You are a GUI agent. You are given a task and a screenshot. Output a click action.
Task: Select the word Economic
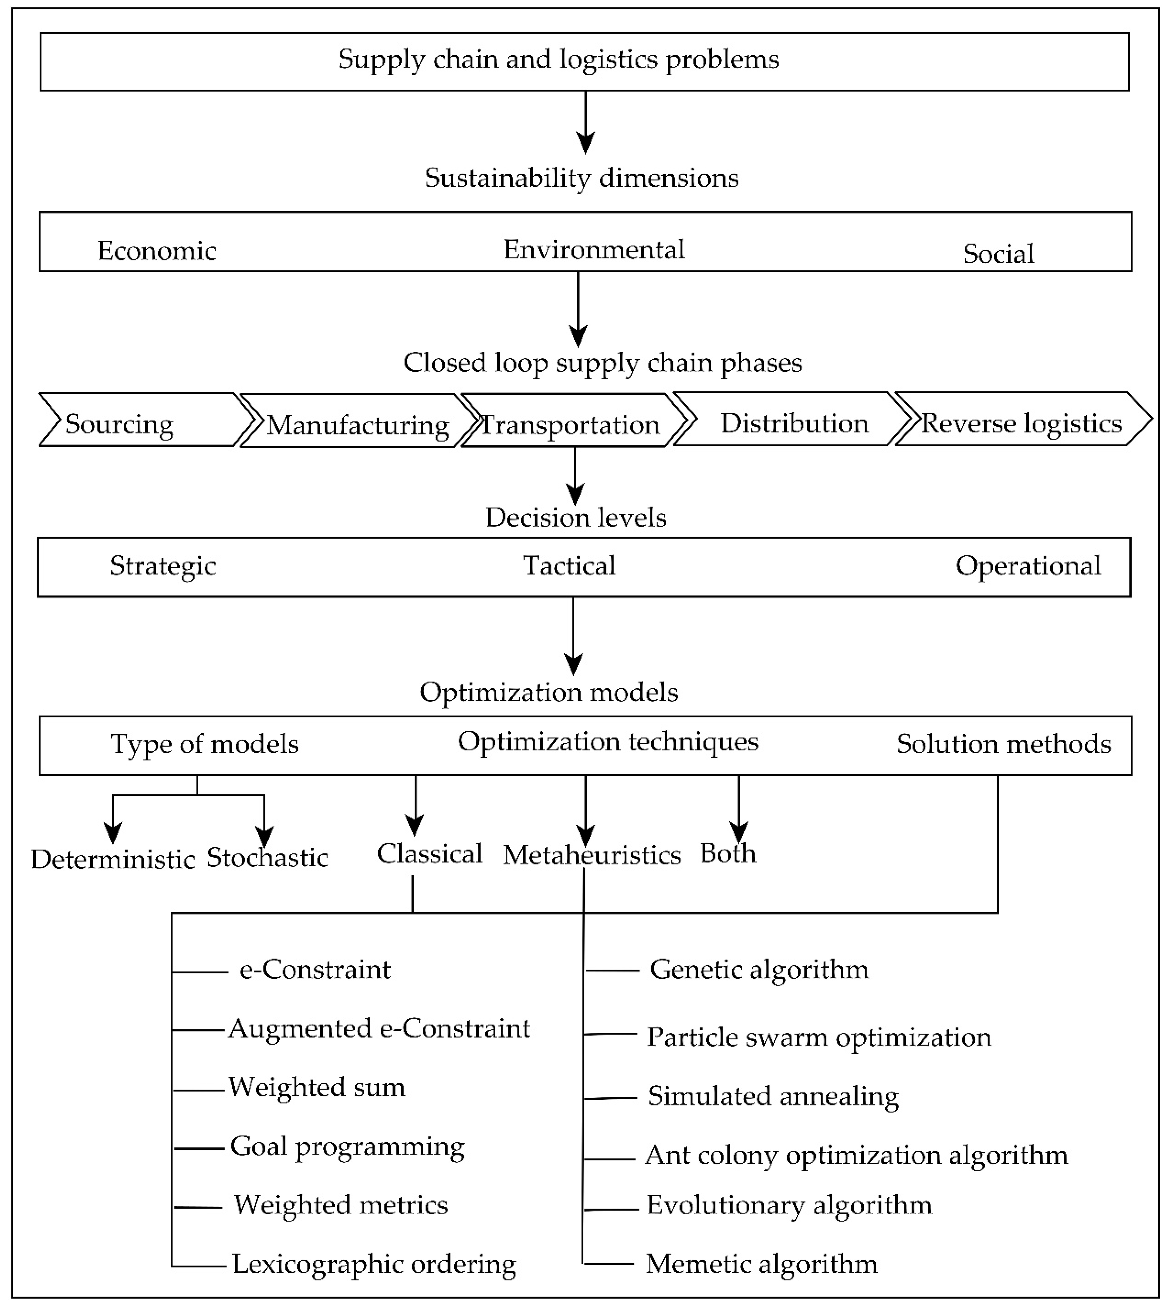[157, 251]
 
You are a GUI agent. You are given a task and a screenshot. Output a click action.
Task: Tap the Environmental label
[594, 249]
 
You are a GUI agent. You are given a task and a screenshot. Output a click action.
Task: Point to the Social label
[998, 254]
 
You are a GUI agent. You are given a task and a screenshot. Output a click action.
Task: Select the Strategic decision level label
[163, 566]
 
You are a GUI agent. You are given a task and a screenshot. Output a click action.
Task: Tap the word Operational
[1028, 566]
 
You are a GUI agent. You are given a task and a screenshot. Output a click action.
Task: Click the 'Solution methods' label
[1003, 744]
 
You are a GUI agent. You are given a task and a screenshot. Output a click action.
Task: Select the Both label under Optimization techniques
[728, 853]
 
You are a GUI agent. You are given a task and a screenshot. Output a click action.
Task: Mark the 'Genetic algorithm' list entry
[759, 969]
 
